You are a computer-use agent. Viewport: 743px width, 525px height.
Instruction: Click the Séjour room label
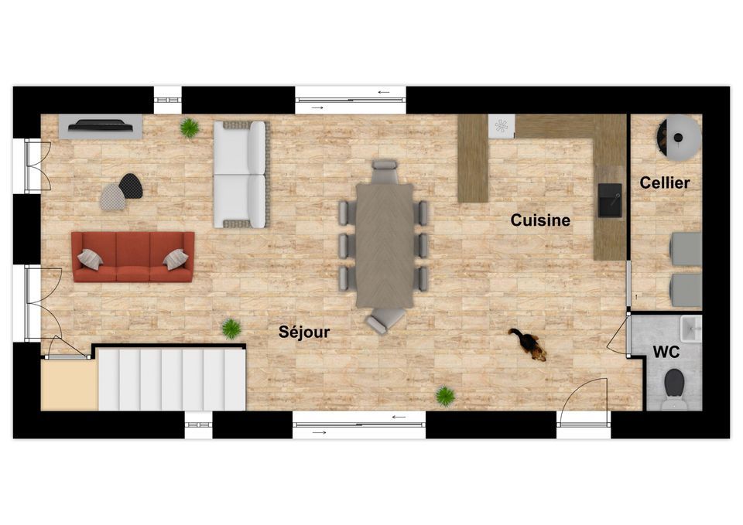point(303,332)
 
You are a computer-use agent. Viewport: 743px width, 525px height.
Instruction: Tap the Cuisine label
point(539,220)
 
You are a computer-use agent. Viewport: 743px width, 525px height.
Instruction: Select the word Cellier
point(664,182)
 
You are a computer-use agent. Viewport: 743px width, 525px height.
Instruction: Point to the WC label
point(666,352)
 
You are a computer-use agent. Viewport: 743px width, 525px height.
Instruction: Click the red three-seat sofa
point(133,257)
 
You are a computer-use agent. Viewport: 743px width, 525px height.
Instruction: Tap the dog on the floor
point(529,343)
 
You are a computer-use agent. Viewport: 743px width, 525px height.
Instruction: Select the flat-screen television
point(101,125)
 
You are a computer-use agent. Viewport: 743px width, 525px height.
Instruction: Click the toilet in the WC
point(674,389)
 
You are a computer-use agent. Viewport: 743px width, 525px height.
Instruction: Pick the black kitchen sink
point(610,201)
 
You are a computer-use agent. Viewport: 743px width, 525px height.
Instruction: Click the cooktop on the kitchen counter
point(502,126)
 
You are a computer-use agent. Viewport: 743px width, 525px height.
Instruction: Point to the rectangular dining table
point(385,245)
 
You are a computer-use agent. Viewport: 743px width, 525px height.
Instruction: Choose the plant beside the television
point(189,128)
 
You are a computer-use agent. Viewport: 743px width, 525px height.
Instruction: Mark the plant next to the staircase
point(231,329)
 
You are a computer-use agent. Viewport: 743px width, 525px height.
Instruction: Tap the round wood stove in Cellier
point(678,138)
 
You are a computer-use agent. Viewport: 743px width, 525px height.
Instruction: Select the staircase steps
point(172,379)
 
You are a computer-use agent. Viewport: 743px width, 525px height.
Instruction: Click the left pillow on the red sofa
point(90,260)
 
